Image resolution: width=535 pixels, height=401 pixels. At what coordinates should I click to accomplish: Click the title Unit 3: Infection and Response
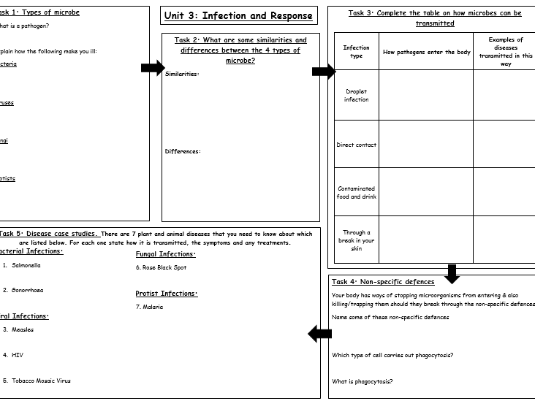[x=239, y=15]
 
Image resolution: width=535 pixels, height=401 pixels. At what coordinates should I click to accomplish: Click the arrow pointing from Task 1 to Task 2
[x=152, y=68]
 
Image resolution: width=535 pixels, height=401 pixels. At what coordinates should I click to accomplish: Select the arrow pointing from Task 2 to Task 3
[x=323, y=71]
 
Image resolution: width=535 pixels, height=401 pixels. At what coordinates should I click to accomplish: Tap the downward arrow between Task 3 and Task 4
[x=452, y=273]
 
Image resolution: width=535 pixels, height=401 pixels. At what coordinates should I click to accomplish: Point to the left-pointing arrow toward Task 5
[x=319, y=334]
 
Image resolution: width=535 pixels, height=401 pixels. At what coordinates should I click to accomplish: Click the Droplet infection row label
[x=357, y=96]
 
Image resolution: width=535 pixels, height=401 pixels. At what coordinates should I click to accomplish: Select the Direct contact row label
[x=357, y=145]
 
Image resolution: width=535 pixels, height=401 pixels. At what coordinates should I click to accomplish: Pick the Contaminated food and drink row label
[x=357, y=193]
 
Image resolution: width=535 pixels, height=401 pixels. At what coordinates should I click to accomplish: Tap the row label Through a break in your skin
[x=357, y=241]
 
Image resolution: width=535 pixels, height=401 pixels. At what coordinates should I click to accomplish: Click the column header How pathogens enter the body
[x=427, y=52]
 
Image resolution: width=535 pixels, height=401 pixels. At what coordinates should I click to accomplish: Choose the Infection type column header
[x=357, y=52]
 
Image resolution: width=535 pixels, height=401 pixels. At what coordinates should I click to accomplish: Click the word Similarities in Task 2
[x=182, y=74]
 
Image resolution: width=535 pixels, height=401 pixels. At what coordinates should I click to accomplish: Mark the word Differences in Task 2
[x=183, y=151]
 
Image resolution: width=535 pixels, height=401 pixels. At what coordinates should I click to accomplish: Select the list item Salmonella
[x=26, y=265]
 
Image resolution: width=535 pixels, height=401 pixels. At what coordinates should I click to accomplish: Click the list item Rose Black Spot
[x=161, y=267]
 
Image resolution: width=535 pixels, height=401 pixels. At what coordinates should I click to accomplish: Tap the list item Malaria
[x=150, y=307]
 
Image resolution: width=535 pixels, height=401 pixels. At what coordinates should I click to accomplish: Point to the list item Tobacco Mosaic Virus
[x=41, y=381]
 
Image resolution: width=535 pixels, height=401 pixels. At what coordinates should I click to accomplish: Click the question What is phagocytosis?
[x=362, y=381]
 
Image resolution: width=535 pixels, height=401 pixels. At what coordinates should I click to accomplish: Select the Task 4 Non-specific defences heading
[x=383, y=282]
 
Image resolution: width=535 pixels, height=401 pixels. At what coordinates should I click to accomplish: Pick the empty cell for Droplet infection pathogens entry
[x=426, y=96]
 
